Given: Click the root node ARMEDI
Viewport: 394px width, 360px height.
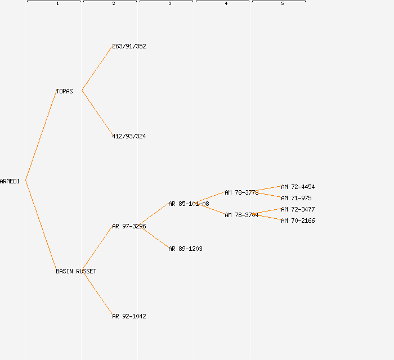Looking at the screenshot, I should [x=10, y=181].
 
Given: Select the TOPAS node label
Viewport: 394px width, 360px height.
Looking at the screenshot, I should [x=64, y=91].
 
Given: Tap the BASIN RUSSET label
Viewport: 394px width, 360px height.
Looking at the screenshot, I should [x=76, y=271].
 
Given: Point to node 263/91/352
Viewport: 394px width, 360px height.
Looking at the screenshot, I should [x=129, y=46].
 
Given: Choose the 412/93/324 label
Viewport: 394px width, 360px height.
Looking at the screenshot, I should [x=129, y=136].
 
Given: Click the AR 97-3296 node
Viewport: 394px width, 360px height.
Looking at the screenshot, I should [x=129, y=226].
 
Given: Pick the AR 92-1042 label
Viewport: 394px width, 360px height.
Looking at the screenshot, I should [x=129, y=316].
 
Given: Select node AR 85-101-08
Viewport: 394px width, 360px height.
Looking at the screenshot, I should [x=189, y=204].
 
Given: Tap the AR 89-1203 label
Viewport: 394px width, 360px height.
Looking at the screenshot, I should [x=185, y=249].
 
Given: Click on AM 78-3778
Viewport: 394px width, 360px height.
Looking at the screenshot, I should [x=241, y=192].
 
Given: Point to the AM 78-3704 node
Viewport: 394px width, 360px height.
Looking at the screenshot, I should [x=241, y=215].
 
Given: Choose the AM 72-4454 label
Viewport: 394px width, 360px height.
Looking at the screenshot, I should [x=298, y=187].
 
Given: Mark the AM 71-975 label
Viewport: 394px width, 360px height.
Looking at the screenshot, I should [x=296, y=198].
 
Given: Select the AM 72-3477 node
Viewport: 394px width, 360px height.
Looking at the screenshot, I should [x=298, y=209].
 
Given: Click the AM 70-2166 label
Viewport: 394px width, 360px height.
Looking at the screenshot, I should [x=298, y=220].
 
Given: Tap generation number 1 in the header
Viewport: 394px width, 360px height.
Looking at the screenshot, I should [x=57, y=4].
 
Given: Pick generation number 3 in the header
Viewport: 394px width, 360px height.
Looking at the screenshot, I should [x=170, y=4].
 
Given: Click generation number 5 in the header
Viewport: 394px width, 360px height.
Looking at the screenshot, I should [x=283, y=4].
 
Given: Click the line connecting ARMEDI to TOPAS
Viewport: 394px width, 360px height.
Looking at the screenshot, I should [x=41, y=135].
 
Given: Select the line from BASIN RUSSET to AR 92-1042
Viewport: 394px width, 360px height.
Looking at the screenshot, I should [x=97, y=293].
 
